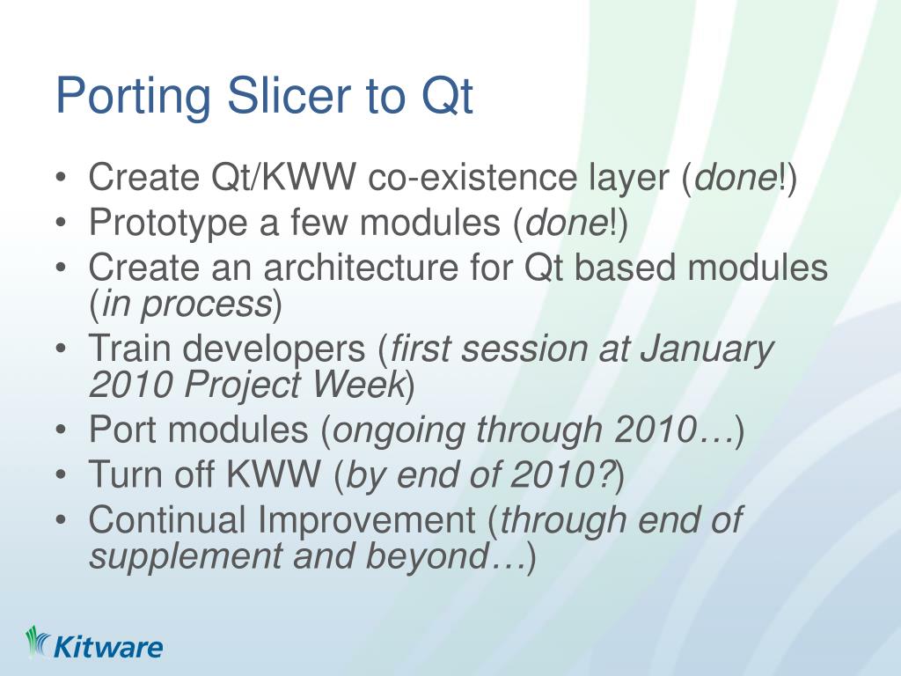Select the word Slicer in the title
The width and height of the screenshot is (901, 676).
click(x=289, y=95)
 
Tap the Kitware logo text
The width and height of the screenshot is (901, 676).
click(x=107, y=647)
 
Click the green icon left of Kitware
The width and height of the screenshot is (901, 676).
click(x=38, y=642)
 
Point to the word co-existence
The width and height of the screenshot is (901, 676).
click(x=472, y=176)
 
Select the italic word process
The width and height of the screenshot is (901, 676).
click(x=206, y=305)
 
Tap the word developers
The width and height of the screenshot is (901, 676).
click(x=275, y=349)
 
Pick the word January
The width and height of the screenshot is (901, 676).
click(x=707, y=349)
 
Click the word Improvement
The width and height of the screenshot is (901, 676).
click(x=366, y=521)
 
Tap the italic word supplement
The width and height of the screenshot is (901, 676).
click(x=186, y=558)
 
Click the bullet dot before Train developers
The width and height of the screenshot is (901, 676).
click(x=62, y=349)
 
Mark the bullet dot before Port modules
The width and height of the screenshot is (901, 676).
click(x=62, y=430)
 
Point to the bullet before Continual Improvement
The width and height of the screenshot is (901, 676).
click(x=62, y=521)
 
